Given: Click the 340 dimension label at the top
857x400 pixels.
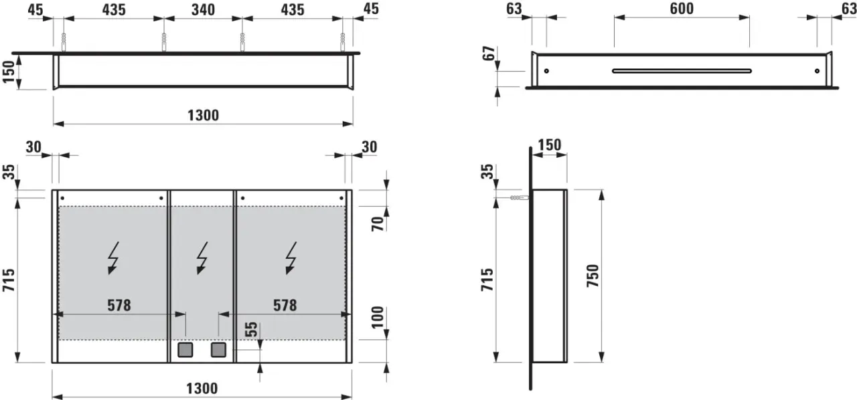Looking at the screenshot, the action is click(203, 9).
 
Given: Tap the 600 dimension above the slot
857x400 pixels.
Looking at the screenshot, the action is click(682, 9).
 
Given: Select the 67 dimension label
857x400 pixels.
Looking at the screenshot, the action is click(489, 53).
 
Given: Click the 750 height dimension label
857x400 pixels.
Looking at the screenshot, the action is click(593, 276).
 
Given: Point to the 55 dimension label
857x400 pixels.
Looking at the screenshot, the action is click(251, 330).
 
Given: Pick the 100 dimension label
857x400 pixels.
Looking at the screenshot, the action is click(378, 318).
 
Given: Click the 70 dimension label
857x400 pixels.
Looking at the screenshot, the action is click(378, 223).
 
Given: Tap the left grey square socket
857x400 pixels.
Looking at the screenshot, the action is click(185, 350).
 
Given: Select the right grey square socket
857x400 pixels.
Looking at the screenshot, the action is click(218, 350).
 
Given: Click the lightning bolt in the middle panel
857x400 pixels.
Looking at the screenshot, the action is click(202, 258).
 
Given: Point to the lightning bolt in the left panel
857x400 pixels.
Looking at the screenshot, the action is click(113, 258).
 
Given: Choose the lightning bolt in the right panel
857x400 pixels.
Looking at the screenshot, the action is click(291, 258).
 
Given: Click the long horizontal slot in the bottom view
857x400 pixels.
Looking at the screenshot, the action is click(682, 71).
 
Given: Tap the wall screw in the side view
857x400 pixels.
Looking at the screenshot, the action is click(519, 198).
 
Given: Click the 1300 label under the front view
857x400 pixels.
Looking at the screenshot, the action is click(202, 389).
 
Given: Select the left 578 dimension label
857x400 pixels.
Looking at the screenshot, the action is click(119, 305).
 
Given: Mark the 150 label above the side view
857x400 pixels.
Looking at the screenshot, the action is click(550, 145).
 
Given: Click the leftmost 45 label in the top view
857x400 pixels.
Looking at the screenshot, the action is click(35, 9).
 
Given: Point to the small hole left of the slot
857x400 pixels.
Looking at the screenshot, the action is click(546, 71).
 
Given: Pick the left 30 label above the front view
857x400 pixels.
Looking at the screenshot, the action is click(33, 146).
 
